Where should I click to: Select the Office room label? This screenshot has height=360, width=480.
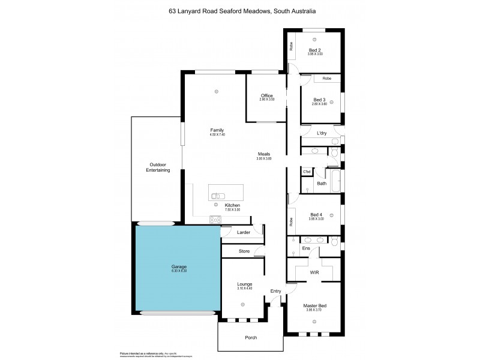pos(267,96)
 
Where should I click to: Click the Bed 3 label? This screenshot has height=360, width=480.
pos(319,100)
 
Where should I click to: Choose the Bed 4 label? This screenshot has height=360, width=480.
pos(316,214)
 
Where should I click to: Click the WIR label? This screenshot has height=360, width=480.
pos(314,272)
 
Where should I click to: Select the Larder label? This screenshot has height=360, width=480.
pos(244,232)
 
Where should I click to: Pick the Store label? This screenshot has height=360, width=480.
pos(244,251)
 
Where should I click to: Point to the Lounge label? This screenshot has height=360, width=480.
pos(244,284)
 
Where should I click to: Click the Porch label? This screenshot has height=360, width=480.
pos(251,337)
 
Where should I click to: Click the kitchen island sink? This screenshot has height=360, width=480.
pos(218,195)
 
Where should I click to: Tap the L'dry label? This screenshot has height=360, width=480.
pos(322,133)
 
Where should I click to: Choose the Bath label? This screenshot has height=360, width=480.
pos(322,184)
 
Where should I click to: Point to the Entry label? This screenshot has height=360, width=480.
pos(275,291)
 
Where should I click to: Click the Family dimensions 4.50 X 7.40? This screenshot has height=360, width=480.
pos(217,134)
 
